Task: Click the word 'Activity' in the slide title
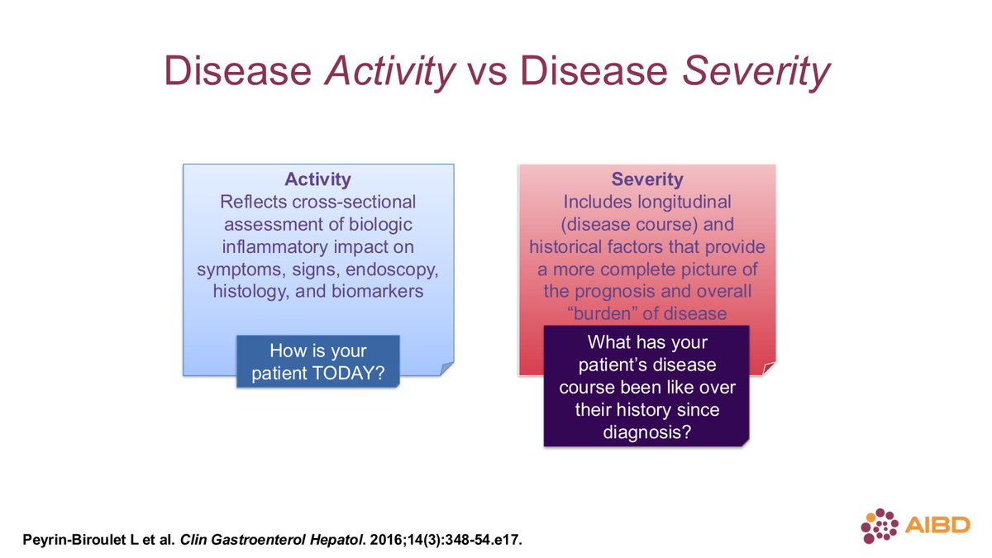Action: [389, 72]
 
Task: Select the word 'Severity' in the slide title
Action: [756, 72]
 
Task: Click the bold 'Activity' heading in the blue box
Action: [318, 179]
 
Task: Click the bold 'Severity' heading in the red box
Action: [647, 179]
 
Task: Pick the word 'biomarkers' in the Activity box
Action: [377, 291]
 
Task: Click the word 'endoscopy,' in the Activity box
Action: [392, 270]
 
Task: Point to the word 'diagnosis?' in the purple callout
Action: [647, 432]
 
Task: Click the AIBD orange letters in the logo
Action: [937, 525]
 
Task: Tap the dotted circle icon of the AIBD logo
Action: [880, 526]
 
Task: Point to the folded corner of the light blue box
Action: [446, 369]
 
